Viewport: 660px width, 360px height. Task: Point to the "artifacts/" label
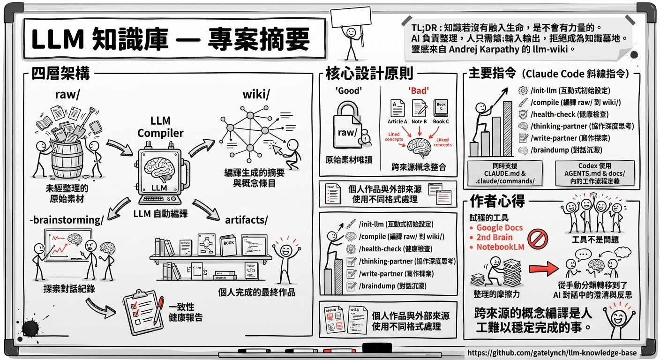(247, 219)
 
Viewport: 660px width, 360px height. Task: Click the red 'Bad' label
(419, 91)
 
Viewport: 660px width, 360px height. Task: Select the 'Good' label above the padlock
(348, 91)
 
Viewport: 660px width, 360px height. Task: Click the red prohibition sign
(538, 238)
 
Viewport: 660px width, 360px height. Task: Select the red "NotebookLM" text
(500, 247)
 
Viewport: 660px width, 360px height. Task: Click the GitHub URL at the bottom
(552, 352)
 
